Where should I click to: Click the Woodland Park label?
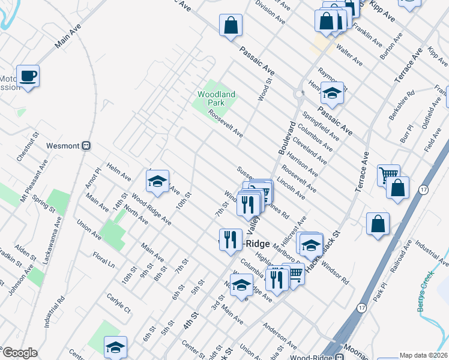216,98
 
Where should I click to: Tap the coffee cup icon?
28,76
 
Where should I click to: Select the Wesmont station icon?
86,145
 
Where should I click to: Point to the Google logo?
20,353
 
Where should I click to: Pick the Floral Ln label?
103,262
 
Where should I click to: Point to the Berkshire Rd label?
402,105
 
